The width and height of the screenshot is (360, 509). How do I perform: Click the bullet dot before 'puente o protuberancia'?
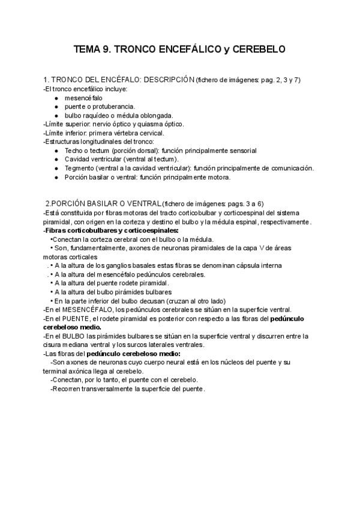pos(56,106)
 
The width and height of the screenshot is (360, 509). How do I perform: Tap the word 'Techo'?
pos(75,150)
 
